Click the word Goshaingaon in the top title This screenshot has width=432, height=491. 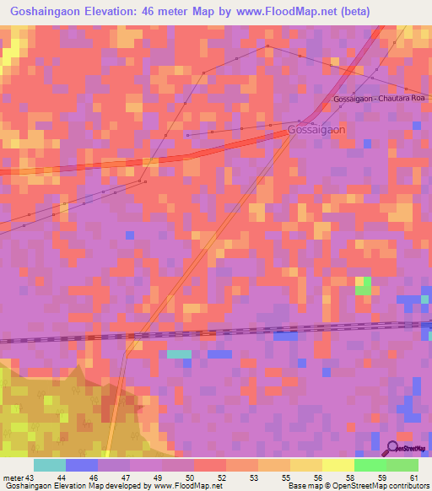tap(43, 13)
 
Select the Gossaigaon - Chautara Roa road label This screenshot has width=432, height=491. tap(381, 99)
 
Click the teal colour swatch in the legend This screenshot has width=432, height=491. tap(49, 465)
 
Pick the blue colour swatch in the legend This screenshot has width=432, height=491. tap(81, 465)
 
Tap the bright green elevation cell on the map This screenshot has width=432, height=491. tap(363, 289)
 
